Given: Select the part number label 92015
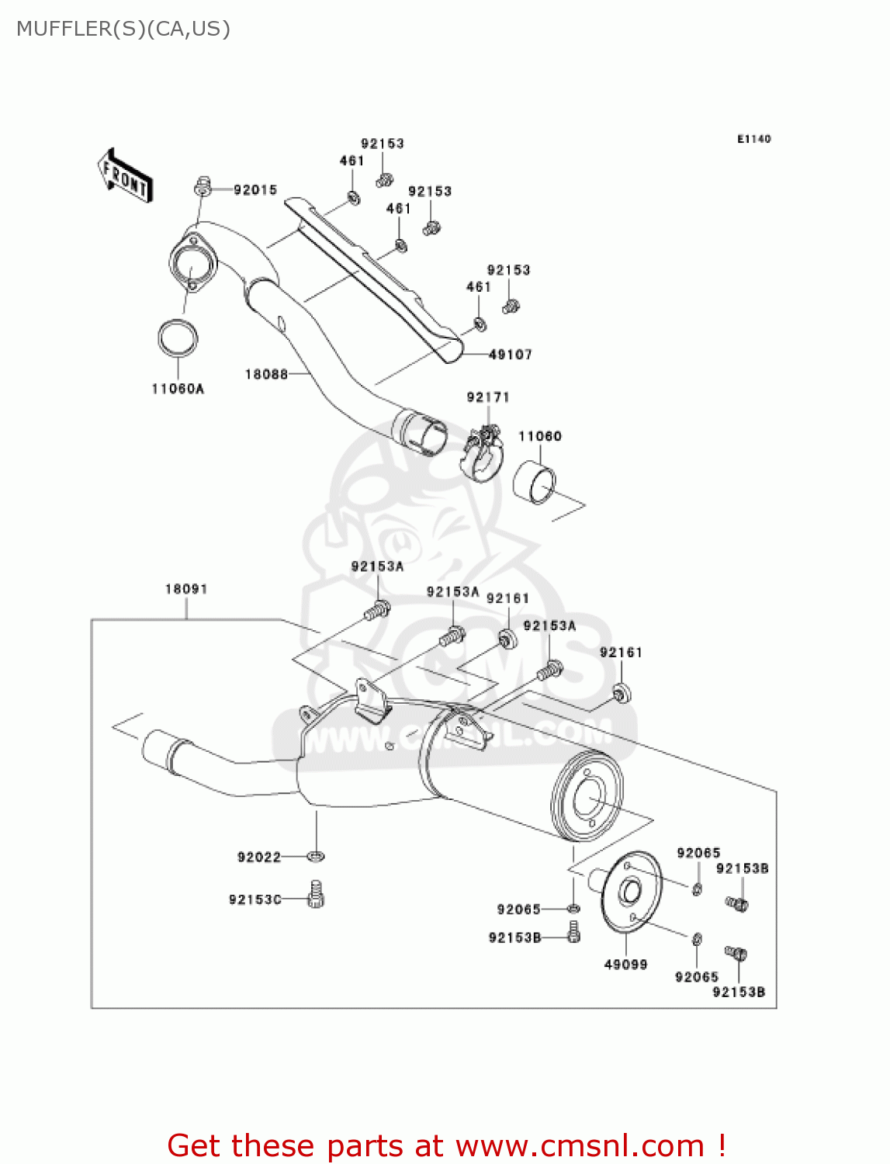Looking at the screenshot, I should coord(255,190).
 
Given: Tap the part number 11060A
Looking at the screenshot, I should coord(178,389).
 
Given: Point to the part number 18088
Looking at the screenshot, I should coord(266,374).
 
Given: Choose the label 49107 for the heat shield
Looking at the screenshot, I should coord(511,355).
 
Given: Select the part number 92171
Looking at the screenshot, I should coord(488,397).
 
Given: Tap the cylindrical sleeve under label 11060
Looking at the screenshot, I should coord(535,483).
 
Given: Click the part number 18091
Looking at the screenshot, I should coord(186,589).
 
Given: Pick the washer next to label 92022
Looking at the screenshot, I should coord(315,856).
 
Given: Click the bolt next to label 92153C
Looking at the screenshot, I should coord(315,895).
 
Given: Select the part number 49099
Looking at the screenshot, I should coord(625,965).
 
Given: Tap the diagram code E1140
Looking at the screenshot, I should coord(753,139).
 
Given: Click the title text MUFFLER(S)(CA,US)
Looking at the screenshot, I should coord(123,29).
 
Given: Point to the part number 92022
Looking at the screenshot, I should coord(259,857).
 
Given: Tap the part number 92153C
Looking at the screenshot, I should coord(255,899).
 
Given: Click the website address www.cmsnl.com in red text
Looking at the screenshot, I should coord(579,1146).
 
